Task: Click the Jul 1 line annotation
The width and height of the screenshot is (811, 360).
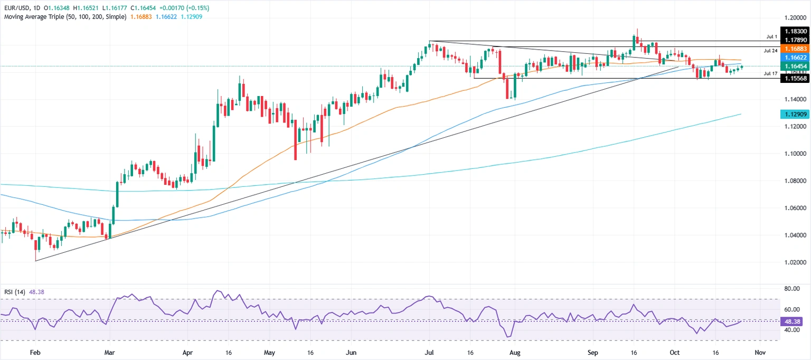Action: (x=772, y=37)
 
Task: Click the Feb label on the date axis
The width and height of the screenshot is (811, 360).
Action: (x=35, y=352)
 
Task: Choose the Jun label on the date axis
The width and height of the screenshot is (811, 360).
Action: (x=350, y=352)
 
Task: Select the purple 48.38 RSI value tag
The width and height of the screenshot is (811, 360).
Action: (x=794, y=320)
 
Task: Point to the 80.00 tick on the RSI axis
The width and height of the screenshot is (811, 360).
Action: (x=793, y=289)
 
